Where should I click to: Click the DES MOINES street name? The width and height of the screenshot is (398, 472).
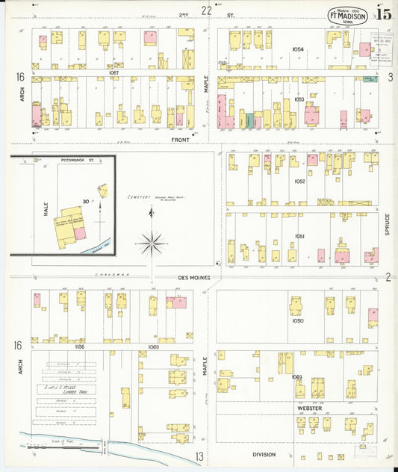(x=193, y=278)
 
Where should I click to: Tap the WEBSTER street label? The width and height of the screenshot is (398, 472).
(x=309, y=408)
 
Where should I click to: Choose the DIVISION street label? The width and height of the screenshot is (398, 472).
(x=264, y=454)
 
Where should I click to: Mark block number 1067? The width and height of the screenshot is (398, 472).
(x=114, y=72)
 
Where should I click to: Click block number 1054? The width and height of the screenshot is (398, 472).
(x=298, y=49)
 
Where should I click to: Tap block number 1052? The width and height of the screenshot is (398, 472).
(x=299, y=181)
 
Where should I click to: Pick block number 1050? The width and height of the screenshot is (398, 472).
(x=298, y=320)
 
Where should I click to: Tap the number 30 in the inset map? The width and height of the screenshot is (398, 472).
(x=87, y=201)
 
